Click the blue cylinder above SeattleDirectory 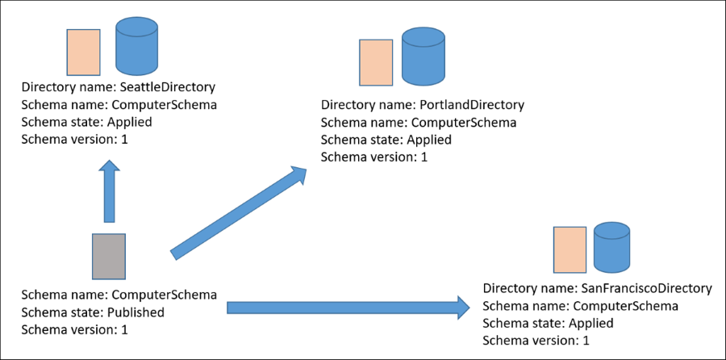tap(136, 48)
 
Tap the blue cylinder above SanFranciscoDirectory tap(611, 248)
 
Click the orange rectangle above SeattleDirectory tap(83, 52)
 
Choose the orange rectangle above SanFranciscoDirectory tap(570, 249)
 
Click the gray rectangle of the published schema tap(108, 257)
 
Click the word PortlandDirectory tap(472, 105)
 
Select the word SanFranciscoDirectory tap(645, 288)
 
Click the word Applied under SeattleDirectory tap(128, 123)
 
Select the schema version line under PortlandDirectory tap(374, 157)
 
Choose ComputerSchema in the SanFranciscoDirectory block tap(624, 306)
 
